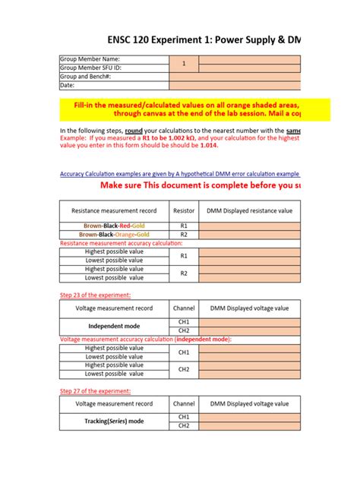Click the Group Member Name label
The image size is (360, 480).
pos(90,59)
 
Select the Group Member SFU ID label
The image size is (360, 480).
pos(90,68)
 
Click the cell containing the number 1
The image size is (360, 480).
pos(183,64)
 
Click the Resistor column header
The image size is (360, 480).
pos(183,210)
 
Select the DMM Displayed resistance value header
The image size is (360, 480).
pos(250,210)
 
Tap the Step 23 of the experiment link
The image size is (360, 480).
pos(95,295)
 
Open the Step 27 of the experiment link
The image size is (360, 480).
pos(95,391)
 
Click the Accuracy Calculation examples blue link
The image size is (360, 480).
pos(179,173)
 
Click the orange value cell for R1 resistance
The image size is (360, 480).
pos(250,226)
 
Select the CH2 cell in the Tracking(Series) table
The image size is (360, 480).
pos(183,425)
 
